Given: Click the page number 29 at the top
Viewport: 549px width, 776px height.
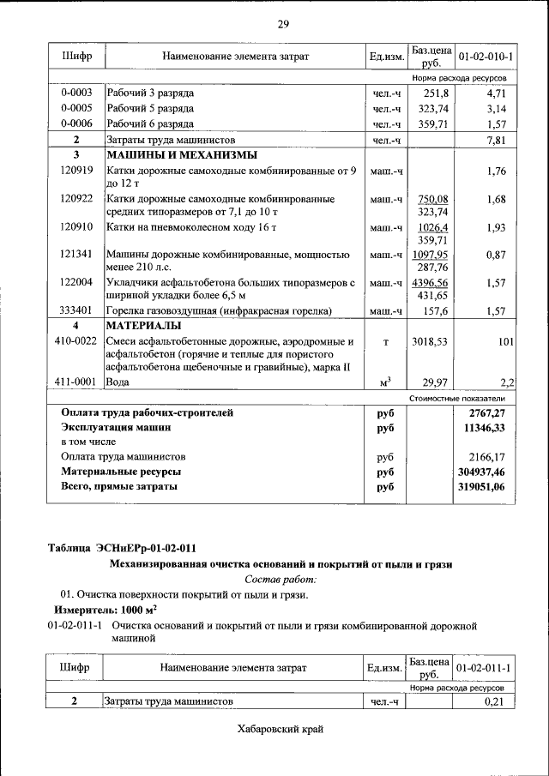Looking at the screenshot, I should point(282,23).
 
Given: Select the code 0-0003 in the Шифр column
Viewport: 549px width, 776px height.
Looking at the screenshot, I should point(75,92).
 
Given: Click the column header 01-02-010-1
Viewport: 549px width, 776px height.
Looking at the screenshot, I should point(486,57).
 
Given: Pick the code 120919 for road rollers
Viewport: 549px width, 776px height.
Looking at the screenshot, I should point(76,171).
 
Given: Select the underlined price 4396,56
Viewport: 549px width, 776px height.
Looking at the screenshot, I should point(430,281).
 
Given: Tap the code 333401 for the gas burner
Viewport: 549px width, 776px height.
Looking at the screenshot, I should point(76,310).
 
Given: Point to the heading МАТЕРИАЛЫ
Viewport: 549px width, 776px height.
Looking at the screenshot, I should point(143,326).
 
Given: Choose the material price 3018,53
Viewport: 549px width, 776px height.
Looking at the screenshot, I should point(431,341).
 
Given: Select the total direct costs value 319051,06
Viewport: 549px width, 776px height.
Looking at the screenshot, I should point(483,487).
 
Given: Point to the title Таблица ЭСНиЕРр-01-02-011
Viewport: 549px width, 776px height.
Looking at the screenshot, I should point(126,548).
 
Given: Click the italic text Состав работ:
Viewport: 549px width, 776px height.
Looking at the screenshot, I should point(281,579).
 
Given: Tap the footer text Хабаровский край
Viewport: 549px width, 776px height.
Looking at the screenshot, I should point(281,730).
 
